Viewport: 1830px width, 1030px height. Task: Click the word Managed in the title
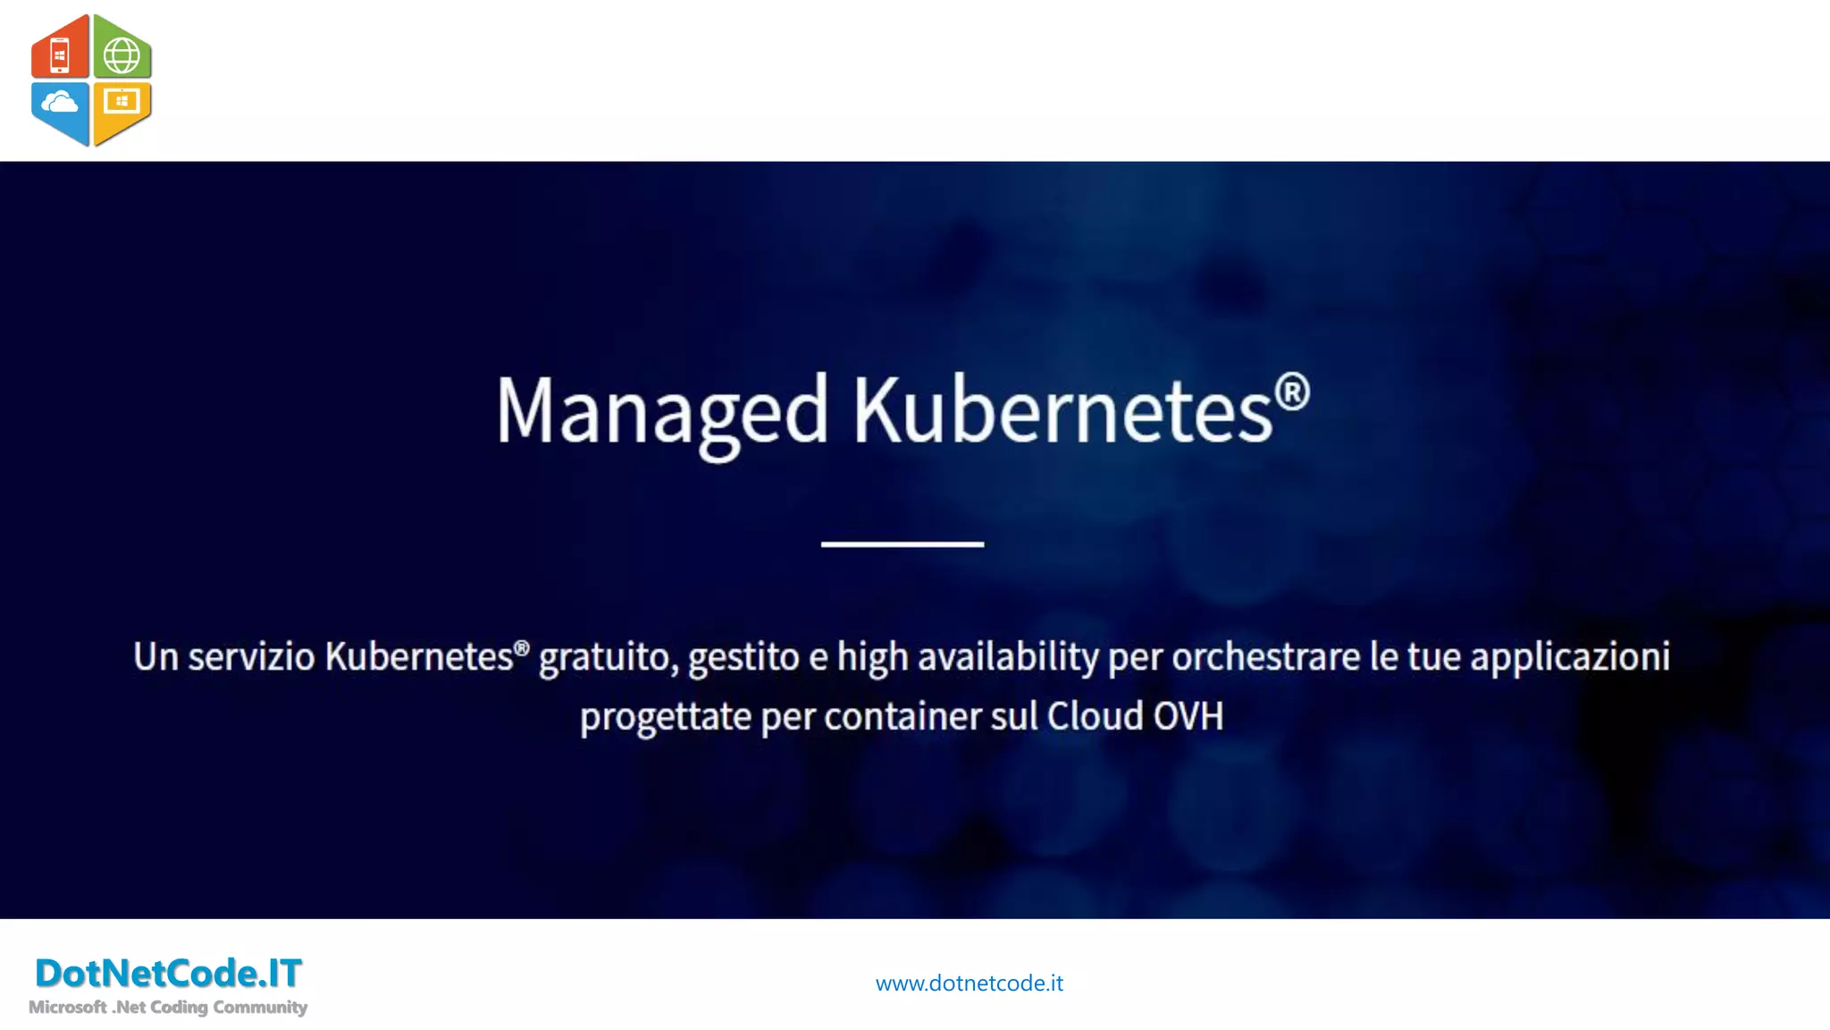[x=662, y=411]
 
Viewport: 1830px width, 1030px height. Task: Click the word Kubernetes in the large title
[x=1062, y=411]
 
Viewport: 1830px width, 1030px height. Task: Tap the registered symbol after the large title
[x=1292, y=393]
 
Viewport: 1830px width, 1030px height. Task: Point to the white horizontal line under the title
[x=902, y=544]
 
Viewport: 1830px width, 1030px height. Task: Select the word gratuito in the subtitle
[x=605, y=658]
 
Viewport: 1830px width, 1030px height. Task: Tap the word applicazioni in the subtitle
[x=1570, y=658]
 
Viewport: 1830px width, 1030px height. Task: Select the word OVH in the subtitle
[x=1188, y=716]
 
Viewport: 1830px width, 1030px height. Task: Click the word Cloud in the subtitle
[x=1095, y=716]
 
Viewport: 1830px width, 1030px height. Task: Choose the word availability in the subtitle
[x=1009, y=658]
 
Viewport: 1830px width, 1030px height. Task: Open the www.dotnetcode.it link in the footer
[x=970, y=984]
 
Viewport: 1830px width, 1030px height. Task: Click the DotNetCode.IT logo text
[x=168, y=973]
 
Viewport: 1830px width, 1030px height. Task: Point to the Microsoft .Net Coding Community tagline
[x=168, y=1008]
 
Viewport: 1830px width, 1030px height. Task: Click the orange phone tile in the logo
[x=60, y=54]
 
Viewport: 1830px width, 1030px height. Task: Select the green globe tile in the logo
[x=122, y=55]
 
